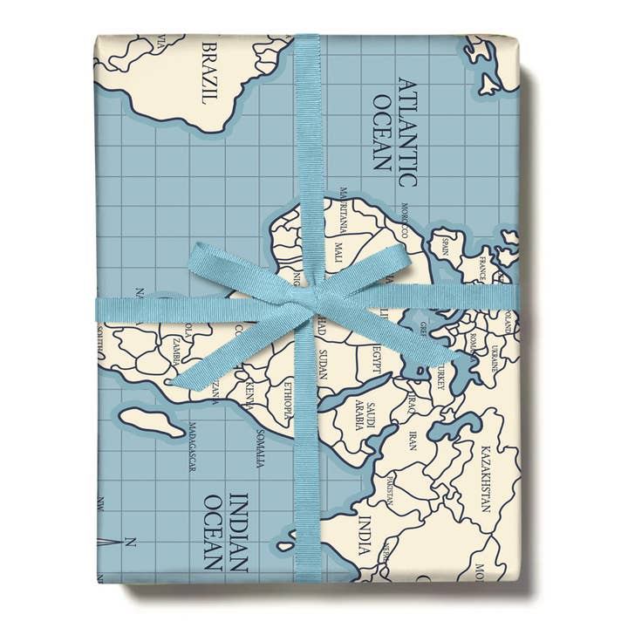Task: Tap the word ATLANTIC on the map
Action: point(406,131)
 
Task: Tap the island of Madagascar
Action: point(153,420)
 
